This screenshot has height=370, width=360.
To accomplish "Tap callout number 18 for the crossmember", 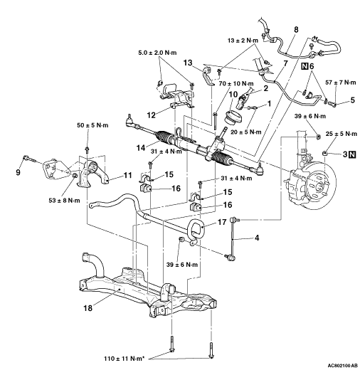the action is (x=88, y=308).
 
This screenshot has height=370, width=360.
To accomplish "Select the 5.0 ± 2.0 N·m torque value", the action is (x=157, y=53).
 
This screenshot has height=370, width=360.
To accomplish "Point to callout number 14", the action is (x=141, y=148).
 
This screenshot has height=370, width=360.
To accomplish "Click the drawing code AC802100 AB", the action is (x=343, y=365).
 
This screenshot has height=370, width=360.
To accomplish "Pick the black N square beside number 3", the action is (x=353, y=154).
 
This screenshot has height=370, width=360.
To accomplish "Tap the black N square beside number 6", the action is (x=305, y=66).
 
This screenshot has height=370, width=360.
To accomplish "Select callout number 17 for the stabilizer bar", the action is (x=222, y=222).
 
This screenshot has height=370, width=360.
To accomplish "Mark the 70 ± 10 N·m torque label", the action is (x=236, y=84).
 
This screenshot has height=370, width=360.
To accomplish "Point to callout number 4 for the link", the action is (x=257, y=238).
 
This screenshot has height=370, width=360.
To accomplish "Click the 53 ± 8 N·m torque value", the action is (x=64, y=201).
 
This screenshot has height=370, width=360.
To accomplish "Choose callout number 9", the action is (x=18, y=172).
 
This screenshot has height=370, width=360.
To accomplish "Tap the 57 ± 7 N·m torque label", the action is (x=341, y=83).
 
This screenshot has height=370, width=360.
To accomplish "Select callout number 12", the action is (x=152, y=115).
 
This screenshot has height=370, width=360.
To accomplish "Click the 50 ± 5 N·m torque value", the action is (x=92, y=125).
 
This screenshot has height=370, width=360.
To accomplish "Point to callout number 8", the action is (x=296, y=30).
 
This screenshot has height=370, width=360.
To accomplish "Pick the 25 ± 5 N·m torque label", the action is (x=342, y=134).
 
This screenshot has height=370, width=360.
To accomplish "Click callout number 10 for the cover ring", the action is (x=233, y=95).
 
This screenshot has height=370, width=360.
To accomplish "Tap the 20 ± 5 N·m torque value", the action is (x=246, y=132).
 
